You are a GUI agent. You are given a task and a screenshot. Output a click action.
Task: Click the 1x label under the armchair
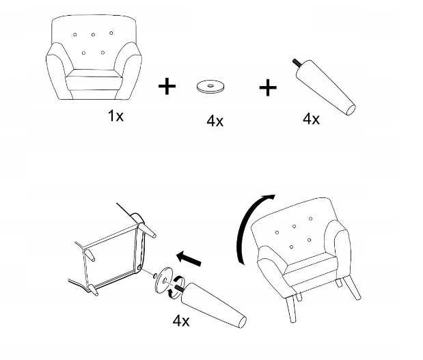pyautogui.click(x=115, y=115)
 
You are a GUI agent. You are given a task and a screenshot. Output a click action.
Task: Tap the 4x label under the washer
pyautogui.click(x=215, y=121)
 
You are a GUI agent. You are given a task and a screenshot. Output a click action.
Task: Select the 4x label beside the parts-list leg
pyautogui.click(x=311, y=119)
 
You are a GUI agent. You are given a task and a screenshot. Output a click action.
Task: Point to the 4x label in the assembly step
pyautogui.click(x=181, y=321)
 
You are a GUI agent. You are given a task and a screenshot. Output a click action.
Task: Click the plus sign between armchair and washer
pyautogui.click(x=167, y=86)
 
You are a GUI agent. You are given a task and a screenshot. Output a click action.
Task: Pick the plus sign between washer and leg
pyautogui.click(x=268, y=87)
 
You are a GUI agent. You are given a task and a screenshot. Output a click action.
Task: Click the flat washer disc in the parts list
pyautogui.click(x=210, y=87)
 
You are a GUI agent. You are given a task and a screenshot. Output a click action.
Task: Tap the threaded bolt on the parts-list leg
pyautogui.click(x=297, y=63)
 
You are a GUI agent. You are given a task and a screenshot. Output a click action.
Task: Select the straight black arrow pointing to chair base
pyautogui.click(x=189, y=258)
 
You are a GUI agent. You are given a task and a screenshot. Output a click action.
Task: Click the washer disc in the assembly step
pyautogui.click(x=164, y=280)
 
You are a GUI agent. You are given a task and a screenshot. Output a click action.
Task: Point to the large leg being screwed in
pyautogui.click(x=213, y=305)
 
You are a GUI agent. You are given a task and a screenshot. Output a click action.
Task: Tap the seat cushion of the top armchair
pyautogui.click(x=94, y=80)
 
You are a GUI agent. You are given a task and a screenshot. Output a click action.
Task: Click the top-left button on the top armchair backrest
pyautogui.click(x=74, y=35)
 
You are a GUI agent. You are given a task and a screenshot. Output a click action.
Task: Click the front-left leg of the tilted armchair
pyautogui.click(x=291, y=309)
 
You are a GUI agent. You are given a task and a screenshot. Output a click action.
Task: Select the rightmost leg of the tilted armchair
pyautogui.click(x=353, y=288)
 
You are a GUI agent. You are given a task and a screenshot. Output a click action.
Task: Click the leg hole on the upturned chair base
pyautogui.click(x=139, y=267)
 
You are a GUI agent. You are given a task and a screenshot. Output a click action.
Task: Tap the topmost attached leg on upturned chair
pyautogui.click(x=147, y=230)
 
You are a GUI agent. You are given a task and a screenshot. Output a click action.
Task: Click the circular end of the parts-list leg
pyautogui.click(x=351, y=110)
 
